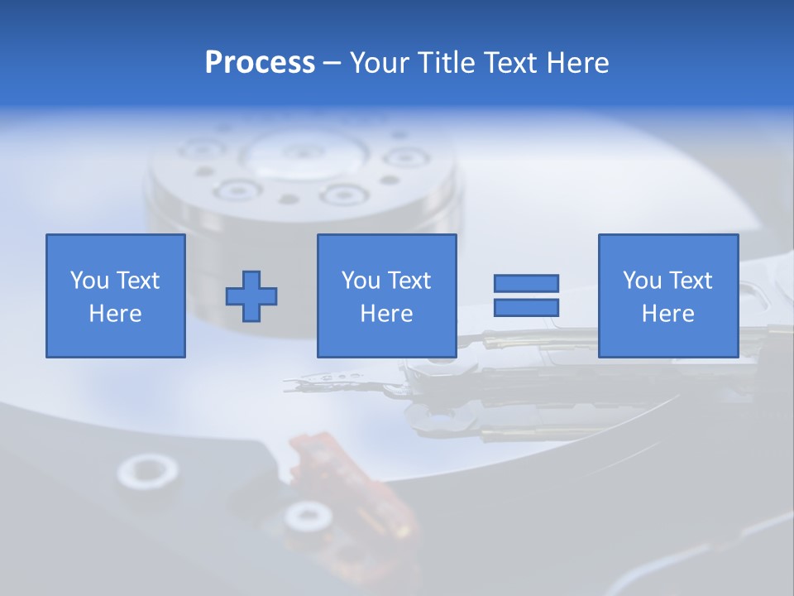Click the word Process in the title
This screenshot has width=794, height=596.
(260, 63)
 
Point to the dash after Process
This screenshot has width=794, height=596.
(332, 64)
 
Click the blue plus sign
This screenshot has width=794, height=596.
(251, 296)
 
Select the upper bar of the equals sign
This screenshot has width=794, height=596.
(526, 283)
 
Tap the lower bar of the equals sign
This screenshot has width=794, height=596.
(526, 307)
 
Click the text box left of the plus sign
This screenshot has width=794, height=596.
(116, 296)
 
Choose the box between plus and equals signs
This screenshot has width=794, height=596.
(386, 296)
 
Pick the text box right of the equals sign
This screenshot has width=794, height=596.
(667, 296)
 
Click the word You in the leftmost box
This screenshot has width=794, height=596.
(89, 281)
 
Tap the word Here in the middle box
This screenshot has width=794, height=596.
(386, 314)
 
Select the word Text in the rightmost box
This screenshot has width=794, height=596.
(691, 281)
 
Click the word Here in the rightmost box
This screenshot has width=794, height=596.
(667, 314)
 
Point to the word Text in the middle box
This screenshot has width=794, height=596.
(409, 281)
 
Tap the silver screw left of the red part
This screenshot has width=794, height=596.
(147, 472)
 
